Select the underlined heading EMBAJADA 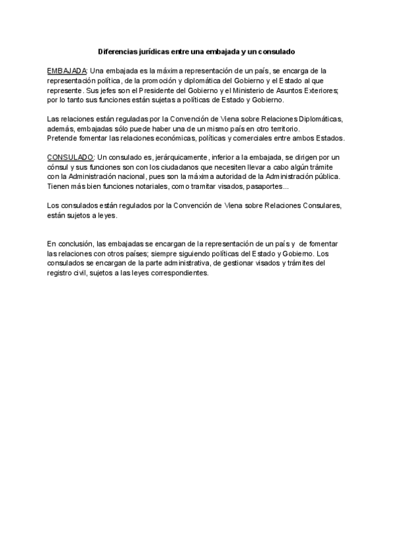pos(68,70)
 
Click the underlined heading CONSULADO pos(71,157)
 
